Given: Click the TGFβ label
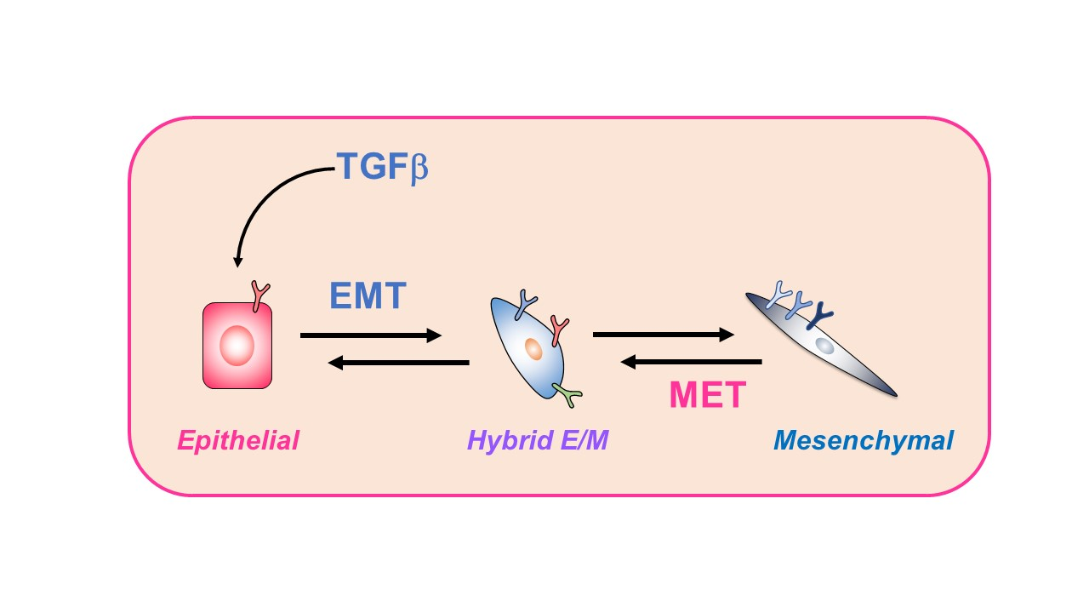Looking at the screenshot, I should point(382,167).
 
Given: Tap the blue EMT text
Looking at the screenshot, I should point(368,296).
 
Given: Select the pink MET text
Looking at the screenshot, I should point(707,395).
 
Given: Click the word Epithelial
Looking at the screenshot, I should point(238,441).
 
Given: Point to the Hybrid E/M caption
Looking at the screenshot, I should point(538,441).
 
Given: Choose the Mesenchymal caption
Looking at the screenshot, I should point(863,441).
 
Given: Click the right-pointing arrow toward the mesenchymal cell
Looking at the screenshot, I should point(663,335).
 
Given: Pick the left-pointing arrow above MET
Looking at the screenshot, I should point(691,363).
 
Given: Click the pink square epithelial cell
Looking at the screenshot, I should point(214,366).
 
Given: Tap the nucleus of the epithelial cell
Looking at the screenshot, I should point(237,346).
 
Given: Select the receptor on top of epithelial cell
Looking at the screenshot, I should point(259,295).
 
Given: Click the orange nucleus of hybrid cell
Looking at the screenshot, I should point(533,347).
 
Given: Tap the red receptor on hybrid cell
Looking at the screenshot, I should point(559,329).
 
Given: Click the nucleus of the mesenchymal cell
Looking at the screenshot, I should point(824,346).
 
